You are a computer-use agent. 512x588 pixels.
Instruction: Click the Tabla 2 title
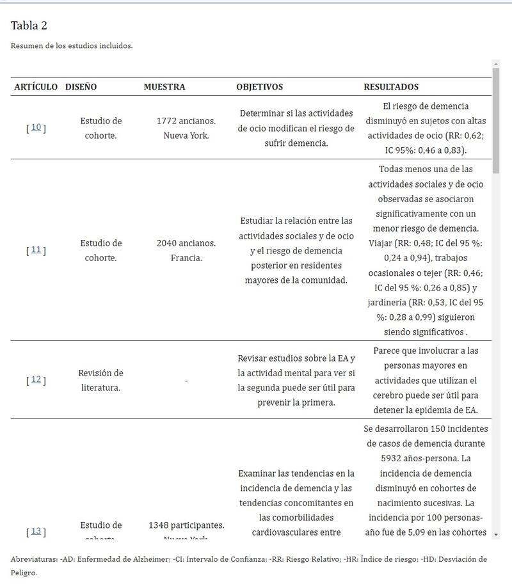(x=29, y=26)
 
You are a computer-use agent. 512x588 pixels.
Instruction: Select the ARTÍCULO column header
(x=36, y=86)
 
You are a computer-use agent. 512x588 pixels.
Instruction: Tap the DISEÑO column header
(x=81, y=86)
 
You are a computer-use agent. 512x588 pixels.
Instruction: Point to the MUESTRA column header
(x=164, y=86)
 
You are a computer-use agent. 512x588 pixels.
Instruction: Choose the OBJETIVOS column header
(x=259, y=86)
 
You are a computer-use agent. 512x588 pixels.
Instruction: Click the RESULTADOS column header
(x=391, y=86)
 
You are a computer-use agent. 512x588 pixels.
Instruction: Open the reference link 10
(x=36, y=127)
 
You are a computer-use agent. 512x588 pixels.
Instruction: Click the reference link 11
(x=36, y=250)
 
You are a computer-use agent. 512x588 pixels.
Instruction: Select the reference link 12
(x=36, y=379)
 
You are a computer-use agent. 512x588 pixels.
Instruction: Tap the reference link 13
(x=36, y=531)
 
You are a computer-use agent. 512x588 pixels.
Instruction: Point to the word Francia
(x=186, y=258)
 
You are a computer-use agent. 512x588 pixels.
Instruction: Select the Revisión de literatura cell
(x=100, y=380)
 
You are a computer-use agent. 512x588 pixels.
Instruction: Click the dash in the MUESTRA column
(x=186, y=381)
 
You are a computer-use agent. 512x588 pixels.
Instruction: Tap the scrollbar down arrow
(x=496, y=534)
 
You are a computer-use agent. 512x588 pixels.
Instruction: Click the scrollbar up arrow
(x=496, y=64)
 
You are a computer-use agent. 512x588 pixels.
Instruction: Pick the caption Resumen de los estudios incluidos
(x=72, y=46)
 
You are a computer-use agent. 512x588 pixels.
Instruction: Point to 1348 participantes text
(x=186, y=525)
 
